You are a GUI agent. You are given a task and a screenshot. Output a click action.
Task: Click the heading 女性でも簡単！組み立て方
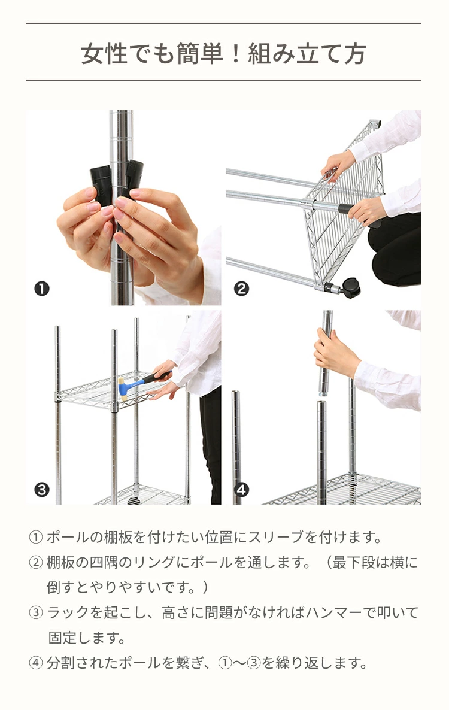click(x=224, y=54)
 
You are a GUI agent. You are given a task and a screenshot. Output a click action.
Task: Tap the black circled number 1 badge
click(x=42, y=289)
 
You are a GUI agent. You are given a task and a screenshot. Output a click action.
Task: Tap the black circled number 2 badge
click(x=241, y=289)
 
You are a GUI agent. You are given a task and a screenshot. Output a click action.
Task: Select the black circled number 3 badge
click(x=42, y=490)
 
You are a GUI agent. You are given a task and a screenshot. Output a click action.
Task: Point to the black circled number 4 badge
click(x=241, y=490)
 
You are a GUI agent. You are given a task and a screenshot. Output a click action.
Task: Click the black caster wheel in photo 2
click(x=352, y=288)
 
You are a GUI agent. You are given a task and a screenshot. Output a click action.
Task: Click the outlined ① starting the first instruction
click(x=35, y=537)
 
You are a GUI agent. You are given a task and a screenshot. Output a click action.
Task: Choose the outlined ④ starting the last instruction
click(x=35, y=663)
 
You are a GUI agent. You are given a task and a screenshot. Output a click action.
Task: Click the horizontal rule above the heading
click(x=224, y=23)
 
